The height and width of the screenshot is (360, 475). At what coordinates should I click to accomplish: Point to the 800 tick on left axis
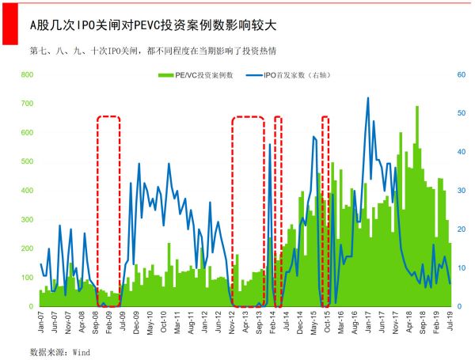tap(26, 74)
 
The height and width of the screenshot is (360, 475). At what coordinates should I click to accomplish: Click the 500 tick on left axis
tap(26, 161)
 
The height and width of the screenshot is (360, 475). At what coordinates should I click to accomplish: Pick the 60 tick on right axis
tap(462, 74)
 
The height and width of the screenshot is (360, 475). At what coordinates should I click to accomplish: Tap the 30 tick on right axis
tap(462, 191)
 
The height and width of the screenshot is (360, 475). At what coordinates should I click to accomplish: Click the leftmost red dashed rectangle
tap(108, 210)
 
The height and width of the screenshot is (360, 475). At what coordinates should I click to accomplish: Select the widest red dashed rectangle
tap(248, 210)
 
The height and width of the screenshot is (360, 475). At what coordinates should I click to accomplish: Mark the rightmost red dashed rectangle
tap(325, 210)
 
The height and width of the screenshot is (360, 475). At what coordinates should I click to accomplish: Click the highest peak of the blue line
tap(368, 98)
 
